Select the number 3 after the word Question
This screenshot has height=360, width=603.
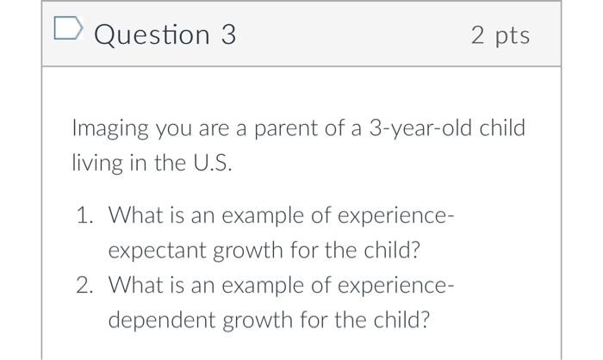tap(227, 35)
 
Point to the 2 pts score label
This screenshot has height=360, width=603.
tap(500, 35)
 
